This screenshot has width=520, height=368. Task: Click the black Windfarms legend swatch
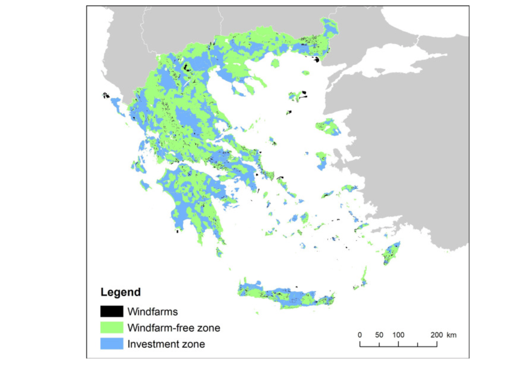click(x=111, y=311)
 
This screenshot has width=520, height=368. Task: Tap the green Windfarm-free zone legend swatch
click(x=111, y=328)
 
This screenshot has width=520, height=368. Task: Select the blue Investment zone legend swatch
click(x=111, y=344)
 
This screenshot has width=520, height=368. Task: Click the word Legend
click(x=120, y=292)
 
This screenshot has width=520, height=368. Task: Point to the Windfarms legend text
click(x=152, y=312)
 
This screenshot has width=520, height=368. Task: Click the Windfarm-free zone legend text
click(x=174, y=328)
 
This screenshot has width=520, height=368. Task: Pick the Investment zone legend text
click(x=166, y=344)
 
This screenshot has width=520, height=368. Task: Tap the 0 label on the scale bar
click(x=360, y=335)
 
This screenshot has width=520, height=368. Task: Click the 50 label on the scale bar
click(x=379, y=335)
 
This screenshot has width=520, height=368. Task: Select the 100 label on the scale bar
click(x=398, y=335)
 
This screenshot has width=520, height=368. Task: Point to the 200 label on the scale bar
click(x=437, y=335)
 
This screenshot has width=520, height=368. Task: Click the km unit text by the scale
click(x=451, y=335)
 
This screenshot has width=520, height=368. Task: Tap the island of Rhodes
click(x=391, y=253)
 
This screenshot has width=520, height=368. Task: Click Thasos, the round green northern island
click(x=275, y=63)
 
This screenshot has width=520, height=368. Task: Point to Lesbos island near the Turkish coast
click(x=328, y=127)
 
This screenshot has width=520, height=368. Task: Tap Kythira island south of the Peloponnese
click(x=219, y=252)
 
